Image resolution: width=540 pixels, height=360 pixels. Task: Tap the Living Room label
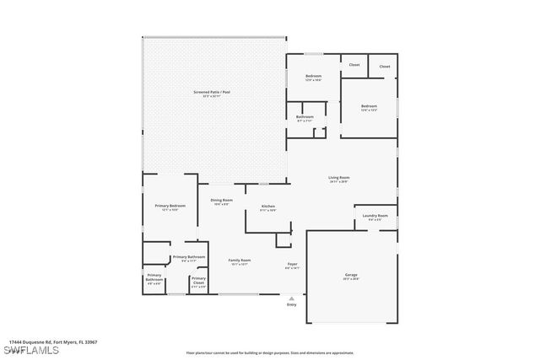[x=339, y=177]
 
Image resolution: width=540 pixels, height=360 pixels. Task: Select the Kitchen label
[x=267, y=206]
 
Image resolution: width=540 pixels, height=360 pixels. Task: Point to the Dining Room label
[x=222, y=200]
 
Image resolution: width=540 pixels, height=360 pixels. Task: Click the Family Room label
[x=240, y=261]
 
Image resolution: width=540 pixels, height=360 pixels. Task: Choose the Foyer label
[x=292, y=264]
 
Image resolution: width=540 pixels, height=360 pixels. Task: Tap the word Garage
[x=350, y=275]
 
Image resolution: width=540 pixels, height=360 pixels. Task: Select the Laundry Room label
[x=375, y=216]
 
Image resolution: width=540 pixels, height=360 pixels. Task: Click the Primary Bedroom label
[x=170, y=206]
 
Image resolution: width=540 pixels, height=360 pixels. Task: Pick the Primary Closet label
[x=198, y=281]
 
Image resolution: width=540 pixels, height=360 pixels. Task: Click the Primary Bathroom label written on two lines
[x=154, y=277]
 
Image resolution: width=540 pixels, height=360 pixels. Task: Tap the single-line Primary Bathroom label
[x=189, y=256]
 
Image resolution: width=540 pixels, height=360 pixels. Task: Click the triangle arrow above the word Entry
[x=292, y=298]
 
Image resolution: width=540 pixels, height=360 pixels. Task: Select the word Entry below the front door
[x=292, y=304]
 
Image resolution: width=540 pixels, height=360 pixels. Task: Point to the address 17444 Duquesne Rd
[x=50, y=341]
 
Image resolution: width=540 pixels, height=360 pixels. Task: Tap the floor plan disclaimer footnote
[x=269, y=352]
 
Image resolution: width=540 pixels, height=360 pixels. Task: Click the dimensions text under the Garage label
[x=350, y=279]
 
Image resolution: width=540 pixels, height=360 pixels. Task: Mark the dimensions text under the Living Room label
[x=339, y=181]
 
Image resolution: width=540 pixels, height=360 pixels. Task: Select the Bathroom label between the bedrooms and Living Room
[x=305, y=116]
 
